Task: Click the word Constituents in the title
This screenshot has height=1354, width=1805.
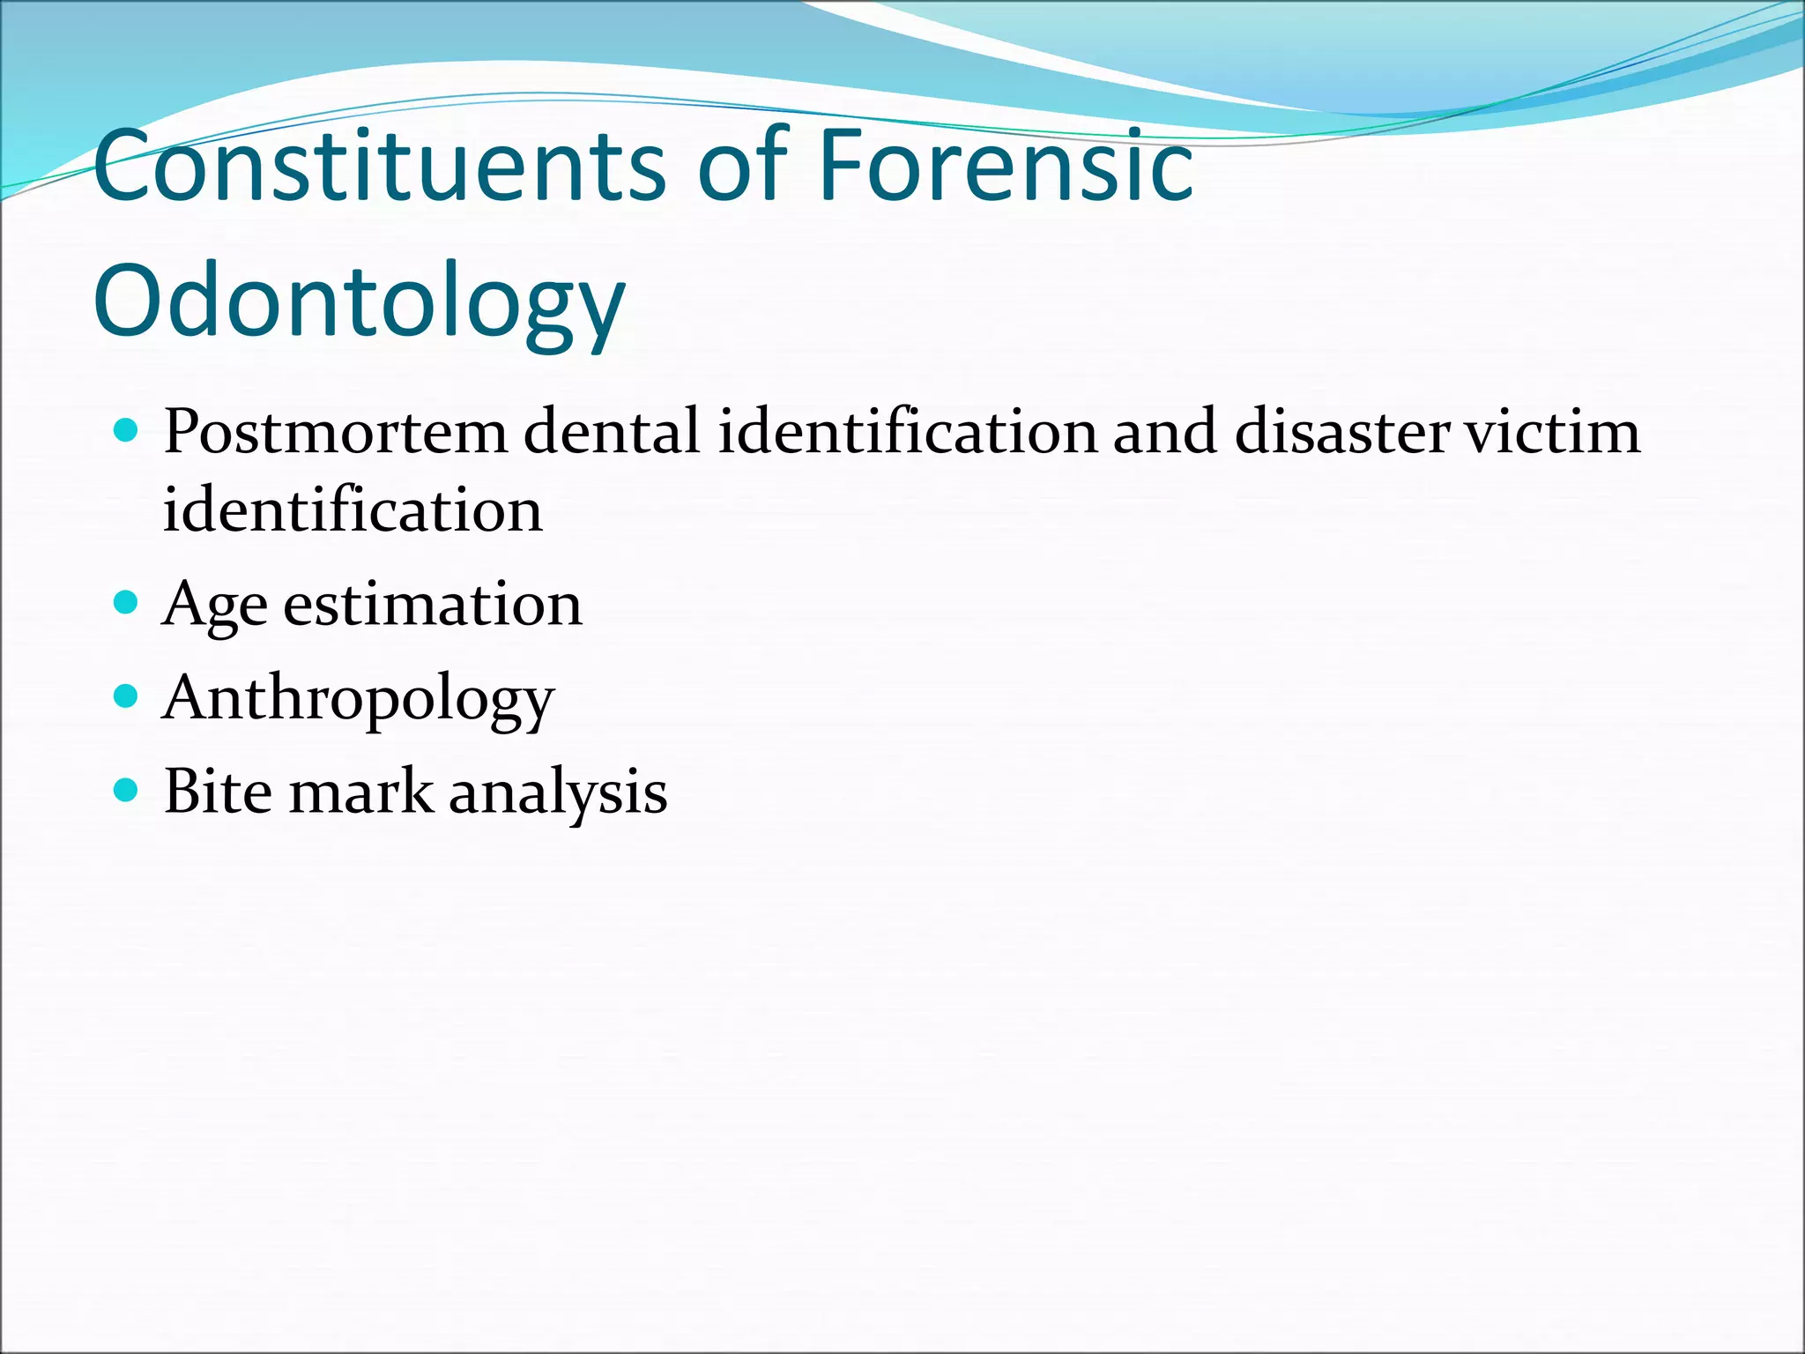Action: click(x=380, y=166)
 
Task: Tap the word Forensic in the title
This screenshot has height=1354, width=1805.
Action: click(x=1006, y=166)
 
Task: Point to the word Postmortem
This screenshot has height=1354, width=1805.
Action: click(x=335, y=432)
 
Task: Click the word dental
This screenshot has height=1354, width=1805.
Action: click(x=612, y=432)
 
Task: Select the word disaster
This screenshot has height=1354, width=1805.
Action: click(x=1341, y=432)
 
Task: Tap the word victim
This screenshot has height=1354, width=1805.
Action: click(x=1553, y=432)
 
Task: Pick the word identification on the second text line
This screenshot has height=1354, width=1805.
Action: click(x=353, y=510)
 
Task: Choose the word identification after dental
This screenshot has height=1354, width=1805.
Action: click(x=908, y=432)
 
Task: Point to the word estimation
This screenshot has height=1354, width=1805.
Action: click(x=432, y=605)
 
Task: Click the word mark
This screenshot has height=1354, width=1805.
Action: click(x=361, y=791)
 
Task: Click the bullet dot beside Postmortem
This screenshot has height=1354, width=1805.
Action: click(x=127, y=430)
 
